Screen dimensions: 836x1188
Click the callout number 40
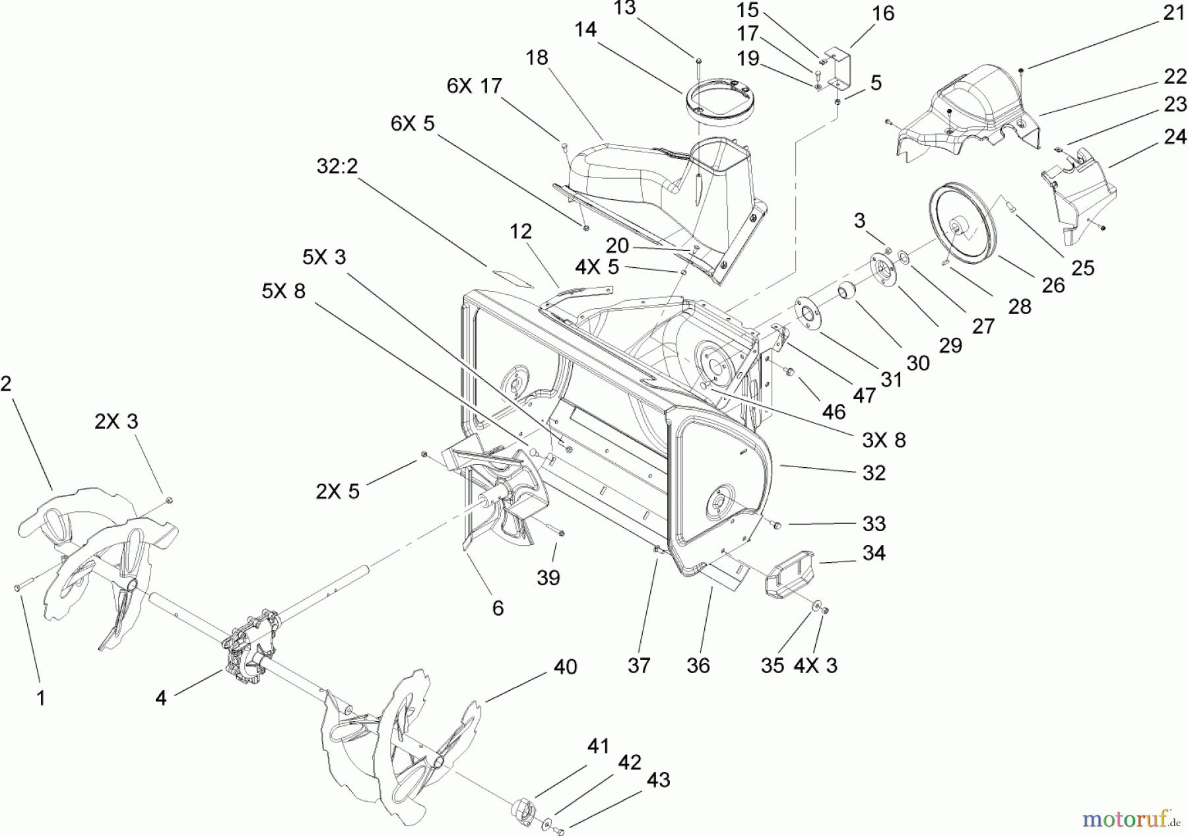click(x=565, y=666)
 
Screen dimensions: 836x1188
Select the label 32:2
click(x=337, y=166)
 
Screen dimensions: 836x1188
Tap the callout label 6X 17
click(x=474, y=86)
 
